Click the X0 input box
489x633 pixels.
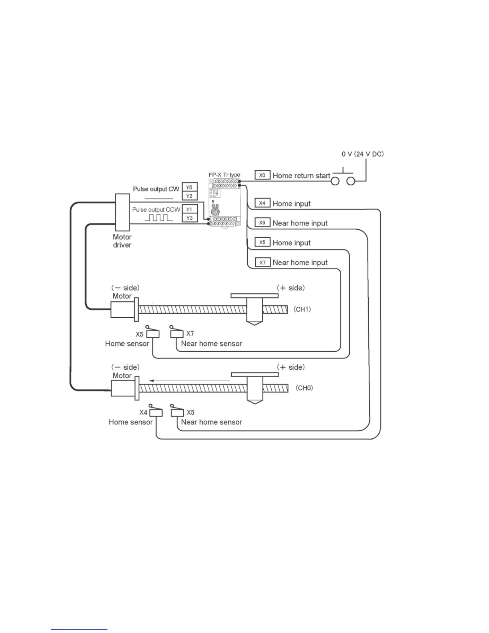[262, 175]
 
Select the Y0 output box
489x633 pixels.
[189, 187]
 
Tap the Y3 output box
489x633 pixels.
[189, 218]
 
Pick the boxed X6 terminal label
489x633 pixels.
[262, 223]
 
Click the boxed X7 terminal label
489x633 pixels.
[262, 263]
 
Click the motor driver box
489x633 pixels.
[122, 212]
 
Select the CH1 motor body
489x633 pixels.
[122, 309]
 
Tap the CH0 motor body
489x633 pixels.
[122, 388]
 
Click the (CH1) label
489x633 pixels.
[302, 309]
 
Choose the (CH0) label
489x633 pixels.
[304, 388]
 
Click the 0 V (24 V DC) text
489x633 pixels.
[362, 154]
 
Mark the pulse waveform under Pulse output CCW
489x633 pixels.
[159, 218]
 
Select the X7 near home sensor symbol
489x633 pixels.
[177, 332]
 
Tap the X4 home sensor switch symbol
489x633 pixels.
[155, 411]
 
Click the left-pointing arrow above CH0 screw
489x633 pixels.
[190, 381]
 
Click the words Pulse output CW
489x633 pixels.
[156, 189]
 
